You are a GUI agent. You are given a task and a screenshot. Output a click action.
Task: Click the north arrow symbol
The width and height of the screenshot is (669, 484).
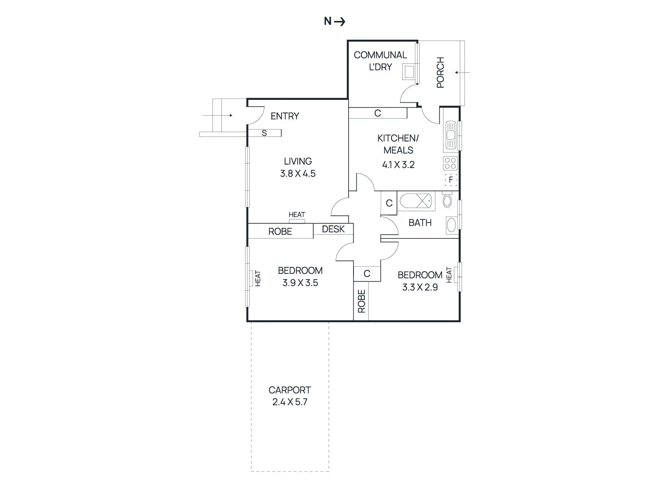click(x=340, y=21)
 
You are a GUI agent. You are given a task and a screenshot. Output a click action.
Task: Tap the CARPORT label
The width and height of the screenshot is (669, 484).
click(x=290, y=390)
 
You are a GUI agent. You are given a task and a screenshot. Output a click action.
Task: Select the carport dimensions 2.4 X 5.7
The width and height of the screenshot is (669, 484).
click(x=290, y=402)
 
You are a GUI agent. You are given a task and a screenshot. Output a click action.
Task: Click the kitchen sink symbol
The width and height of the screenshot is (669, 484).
click(x=451, y=135)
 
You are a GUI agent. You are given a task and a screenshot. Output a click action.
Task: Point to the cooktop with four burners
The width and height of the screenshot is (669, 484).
click(x=451, y=164)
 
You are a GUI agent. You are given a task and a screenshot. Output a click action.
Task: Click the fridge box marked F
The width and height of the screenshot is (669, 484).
click(x=451, y=180)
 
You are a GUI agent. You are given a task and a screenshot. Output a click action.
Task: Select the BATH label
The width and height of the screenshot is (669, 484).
click(x=420, y=223)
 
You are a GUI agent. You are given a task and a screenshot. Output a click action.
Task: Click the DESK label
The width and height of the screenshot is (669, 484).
click(x=333, y=229)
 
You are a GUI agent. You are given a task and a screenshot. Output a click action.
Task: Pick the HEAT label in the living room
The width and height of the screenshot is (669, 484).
click(x=297, y=215)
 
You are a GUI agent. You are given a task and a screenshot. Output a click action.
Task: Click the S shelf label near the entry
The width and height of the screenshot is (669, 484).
click(x=264, y=133)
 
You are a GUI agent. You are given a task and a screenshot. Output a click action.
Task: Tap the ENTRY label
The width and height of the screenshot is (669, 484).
click(x=285, y=116)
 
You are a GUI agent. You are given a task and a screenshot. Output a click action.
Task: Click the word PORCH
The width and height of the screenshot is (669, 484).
click(x=441, y=72)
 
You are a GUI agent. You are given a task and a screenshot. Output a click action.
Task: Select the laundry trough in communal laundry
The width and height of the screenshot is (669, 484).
click(x=409, y=72)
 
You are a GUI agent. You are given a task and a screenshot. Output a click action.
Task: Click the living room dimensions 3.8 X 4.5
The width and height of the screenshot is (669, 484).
click(x=298, y=174)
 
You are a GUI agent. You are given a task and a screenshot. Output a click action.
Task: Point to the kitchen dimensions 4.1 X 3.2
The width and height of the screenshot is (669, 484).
click(x=398, y=165)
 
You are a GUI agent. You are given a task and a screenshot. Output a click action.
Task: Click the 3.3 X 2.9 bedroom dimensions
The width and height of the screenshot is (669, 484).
click(x=420, y=287)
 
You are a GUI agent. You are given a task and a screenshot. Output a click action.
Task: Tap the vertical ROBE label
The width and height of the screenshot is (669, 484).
click(x=361, y=301)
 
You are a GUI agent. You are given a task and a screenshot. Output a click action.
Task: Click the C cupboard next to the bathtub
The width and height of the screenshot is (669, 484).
click(x=389, y=203)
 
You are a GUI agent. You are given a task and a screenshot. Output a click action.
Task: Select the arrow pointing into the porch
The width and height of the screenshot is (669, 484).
click(x=462, y=72)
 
